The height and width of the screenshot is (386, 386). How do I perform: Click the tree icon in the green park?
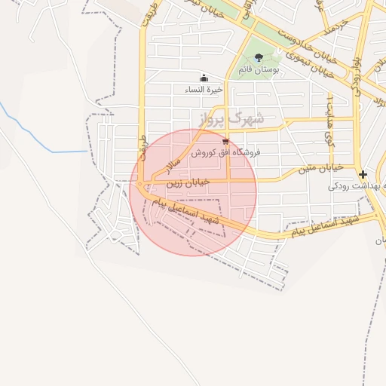point(259,57)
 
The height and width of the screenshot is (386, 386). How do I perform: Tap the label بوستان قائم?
point(259,69)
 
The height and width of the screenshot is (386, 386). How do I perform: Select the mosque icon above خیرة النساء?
point(203,78)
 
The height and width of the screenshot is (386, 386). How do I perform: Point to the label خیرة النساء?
point(204,89)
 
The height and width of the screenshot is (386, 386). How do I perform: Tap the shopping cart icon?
point(225,141)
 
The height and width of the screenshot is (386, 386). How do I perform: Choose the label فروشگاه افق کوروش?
point(225,152)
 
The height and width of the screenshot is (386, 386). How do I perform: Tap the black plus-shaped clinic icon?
point(363,174)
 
